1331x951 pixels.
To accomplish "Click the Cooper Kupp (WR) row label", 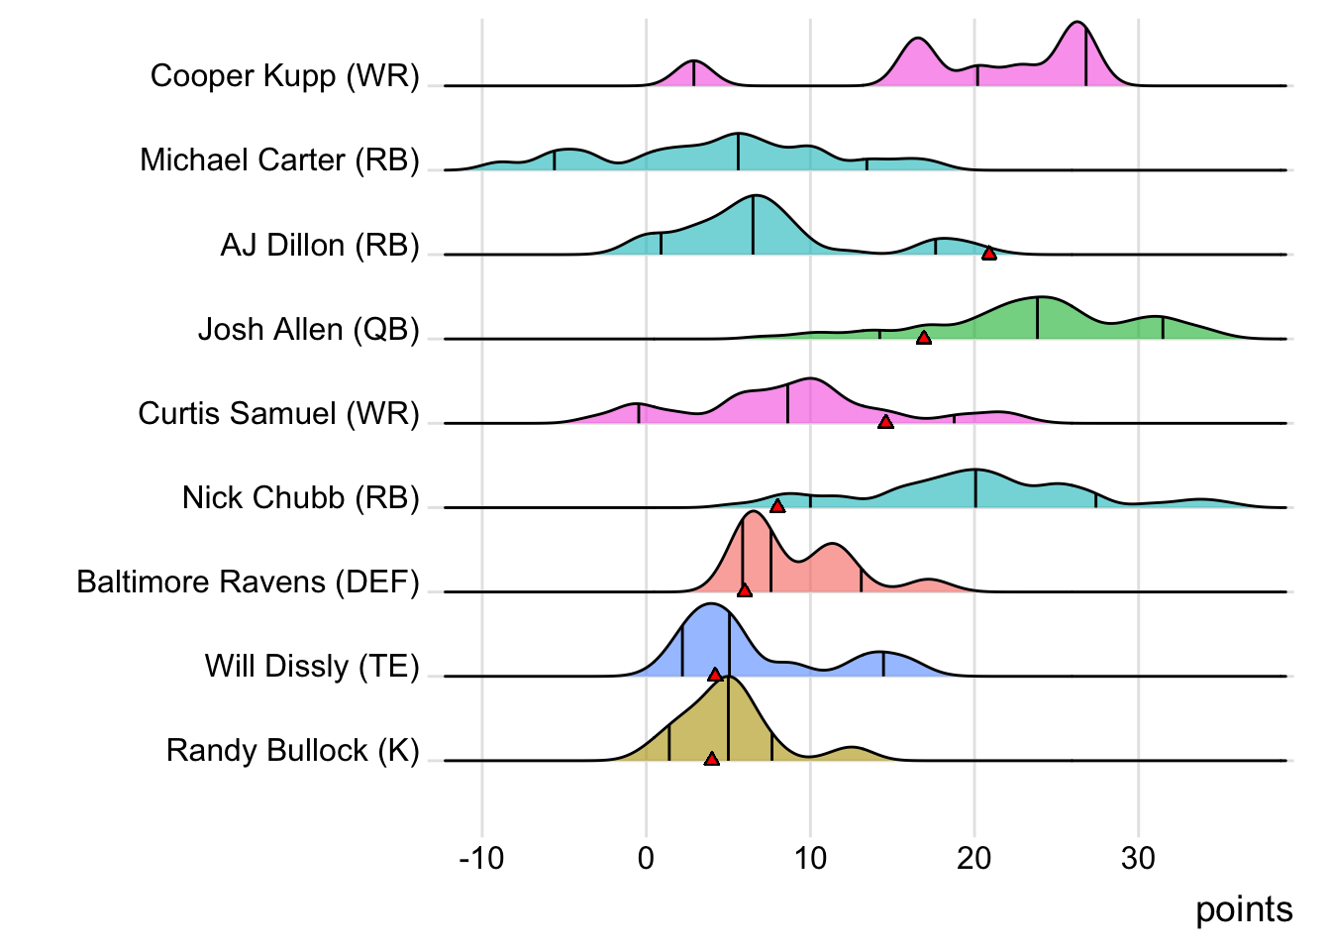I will pyautogui.click(x=284, y=76).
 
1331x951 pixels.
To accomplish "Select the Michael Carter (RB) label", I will pyautogui.click(x=279, y=160).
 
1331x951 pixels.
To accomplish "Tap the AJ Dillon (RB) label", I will pyautogui.click(x=320, y=245).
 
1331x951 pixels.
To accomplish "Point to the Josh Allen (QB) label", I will pyautogui.click(x=308, y=329).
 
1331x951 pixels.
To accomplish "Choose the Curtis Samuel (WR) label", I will pyautogui.click(x=278, y=413).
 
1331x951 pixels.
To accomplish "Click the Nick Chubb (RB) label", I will pyautogui.click(x=300, y=497).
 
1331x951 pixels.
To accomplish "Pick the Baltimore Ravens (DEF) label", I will pyautogui.click(x=248, y=581).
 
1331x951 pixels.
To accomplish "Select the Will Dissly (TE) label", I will pyautogui.click(x=312, y=666).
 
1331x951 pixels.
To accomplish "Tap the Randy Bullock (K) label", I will pyautogui.click(x=292, y=751).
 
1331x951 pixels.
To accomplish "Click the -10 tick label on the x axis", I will pyautogui.click(x=481, y=858).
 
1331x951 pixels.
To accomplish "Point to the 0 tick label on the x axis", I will pyautogui.click(x=646, y=858).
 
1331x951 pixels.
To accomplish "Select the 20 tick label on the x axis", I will pyautogui.click(x=974, y=858).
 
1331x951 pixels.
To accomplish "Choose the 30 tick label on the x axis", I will pyautogui.click(x=1138, y=858).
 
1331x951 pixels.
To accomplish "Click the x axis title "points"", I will pyautogui.click(x=1244, y=909).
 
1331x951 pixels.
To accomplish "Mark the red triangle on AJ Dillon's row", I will pyautogui.click(x=988, y=254).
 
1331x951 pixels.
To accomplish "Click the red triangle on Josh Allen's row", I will pyautogui.click(x=923, y=338).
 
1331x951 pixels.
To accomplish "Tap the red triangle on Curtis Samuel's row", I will pyautogui.click(x=885, y=422).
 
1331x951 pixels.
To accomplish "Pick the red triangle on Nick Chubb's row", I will pyautogui.click(x=777, y=506).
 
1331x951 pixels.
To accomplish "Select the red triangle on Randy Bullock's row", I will pyautogui.click(x=711, y=759).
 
